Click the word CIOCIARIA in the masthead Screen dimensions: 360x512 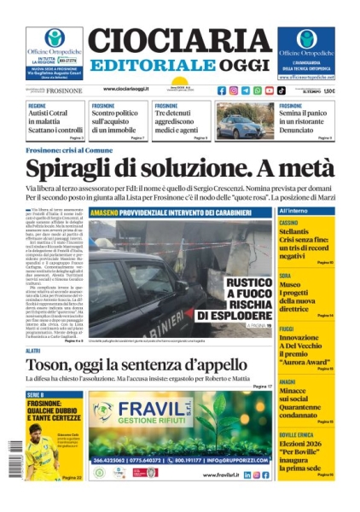pyautogui.click(x=179, y=40)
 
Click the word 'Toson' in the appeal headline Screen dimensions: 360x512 pyautogui.click(x=56, y=366)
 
